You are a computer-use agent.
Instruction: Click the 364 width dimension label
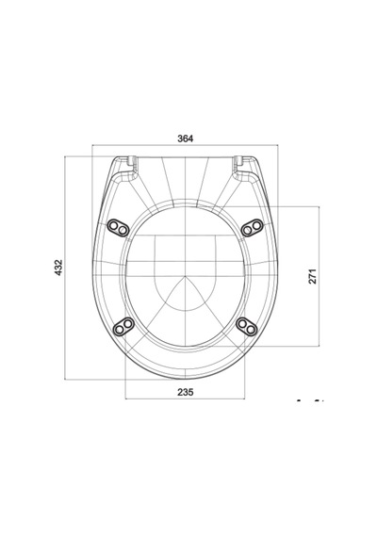coord(186,138)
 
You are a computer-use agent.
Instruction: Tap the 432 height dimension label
coord(58,268)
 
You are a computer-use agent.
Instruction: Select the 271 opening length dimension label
coord(313,276)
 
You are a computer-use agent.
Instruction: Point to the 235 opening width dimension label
coord(186,392)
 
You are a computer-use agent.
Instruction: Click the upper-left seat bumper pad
coord(118,227)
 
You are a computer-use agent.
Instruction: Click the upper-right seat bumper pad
coord(253,227)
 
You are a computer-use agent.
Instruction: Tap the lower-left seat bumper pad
coord(123,326)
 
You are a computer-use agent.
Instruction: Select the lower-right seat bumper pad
coord(247,326)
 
